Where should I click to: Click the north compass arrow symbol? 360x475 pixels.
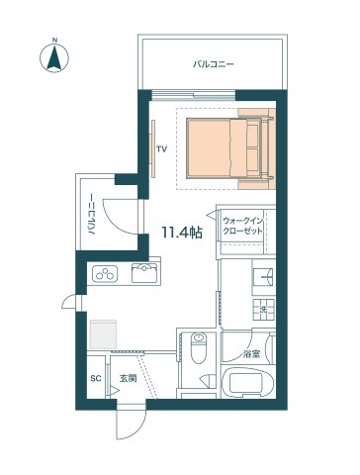click(x=54, y=57)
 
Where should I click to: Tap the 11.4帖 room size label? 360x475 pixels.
click(x=182, y=233)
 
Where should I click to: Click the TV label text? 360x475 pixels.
click(x=161, y=149)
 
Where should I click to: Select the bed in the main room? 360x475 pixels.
click(x=230, y=148)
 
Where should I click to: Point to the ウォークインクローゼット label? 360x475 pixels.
click(x=243, y=226)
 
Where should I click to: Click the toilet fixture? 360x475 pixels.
click(x=199, y=347)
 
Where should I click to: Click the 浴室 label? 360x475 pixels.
click(x=251, y=354)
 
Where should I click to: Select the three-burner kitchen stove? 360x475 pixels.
click(x=105, y=274)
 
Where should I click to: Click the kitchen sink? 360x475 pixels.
click(x=145, y=273)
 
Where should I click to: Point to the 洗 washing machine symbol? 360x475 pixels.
click(x=264, y=310)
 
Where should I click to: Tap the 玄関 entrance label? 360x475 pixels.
click(x=128, y=379)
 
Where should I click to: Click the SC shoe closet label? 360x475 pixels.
click(x=96, y=379)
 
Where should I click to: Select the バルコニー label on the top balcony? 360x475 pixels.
click(x=214, y=63)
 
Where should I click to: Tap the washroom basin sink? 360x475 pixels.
click(x=264, y=277)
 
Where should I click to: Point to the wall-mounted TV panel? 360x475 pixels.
click(x=153, y=148)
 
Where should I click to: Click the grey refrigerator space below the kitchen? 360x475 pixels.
click(x=103, y=333)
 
